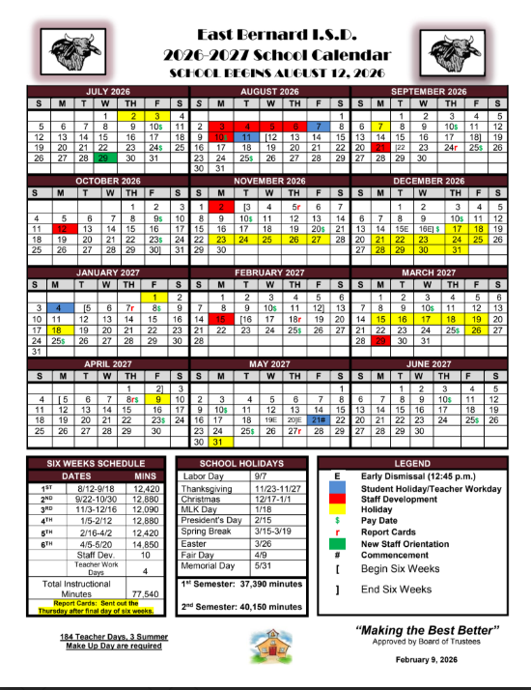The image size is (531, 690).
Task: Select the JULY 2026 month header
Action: click(108, 91)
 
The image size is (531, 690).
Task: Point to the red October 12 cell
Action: click(61, 228)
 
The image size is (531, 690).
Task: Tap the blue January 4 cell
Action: click(61, 308)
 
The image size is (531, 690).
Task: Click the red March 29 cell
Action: click(382, 340)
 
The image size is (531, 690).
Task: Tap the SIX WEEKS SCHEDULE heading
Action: click(95, 464)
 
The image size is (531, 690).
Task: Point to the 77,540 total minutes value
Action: click(144, 593)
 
